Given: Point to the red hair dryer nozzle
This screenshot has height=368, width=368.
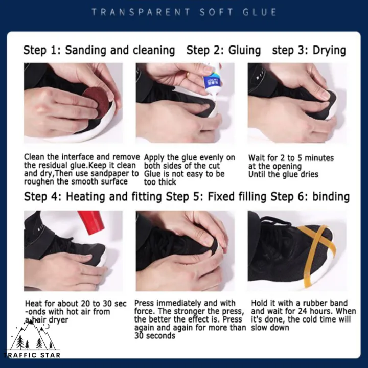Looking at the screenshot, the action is point(91,222).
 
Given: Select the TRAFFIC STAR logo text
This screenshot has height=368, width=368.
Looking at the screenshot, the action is point(32,355).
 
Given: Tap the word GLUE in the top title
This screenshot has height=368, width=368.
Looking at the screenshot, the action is point(260,12).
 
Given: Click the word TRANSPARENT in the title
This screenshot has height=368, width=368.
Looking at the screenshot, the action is point(141,12).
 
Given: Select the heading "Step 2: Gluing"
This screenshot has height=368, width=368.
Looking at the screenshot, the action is point(223,50).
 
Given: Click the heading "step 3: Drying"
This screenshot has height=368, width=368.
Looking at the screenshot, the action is point(309,50).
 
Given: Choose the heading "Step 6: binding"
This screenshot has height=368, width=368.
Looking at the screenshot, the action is point(310,197).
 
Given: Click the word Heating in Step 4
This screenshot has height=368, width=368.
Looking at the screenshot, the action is point(85,197).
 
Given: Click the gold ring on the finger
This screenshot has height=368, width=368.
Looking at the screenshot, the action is point(187,75).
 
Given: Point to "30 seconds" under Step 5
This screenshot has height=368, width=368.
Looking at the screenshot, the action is point(155,336).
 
